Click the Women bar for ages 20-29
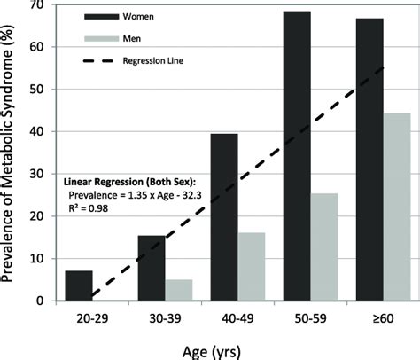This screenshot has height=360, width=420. (x=78, y=286)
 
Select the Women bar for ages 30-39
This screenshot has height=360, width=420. (x=151, y=269)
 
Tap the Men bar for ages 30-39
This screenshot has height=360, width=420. (x=179, y=291)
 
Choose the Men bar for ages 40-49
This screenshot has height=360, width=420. (x=252, y=267)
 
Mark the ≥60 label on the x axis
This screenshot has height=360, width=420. (x=382, y=317)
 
